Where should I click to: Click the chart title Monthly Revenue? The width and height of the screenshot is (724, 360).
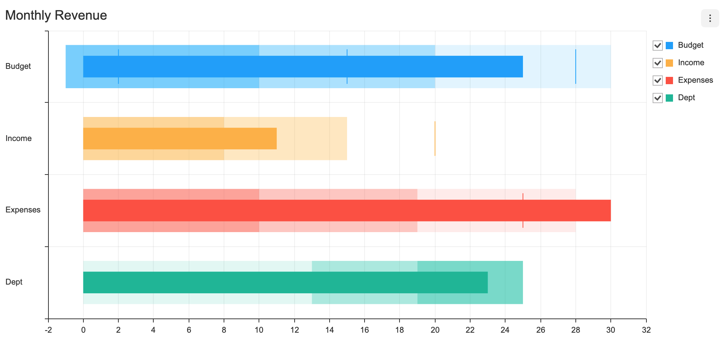[56, 15]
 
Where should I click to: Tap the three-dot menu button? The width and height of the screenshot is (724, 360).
[710, 18]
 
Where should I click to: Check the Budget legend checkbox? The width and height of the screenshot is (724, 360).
[657, 45]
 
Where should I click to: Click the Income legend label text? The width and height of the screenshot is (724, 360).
[691, 63]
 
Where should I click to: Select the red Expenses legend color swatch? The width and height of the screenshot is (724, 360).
[669, 80]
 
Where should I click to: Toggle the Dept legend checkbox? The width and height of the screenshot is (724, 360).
[657, 98]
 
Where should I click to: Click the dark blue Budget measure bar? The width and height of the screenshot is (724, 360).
[302, 66]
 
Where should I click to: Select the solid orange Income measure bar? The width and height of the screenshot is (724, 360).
[180, 138]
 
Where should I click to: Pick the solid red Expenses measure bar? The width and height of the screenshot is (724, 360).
[346, 210]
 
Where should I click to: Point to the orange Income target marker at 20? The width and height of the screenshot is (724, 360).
[435, 138]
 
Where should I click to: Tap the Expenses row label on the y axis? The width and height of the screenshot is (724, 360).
[23, 210]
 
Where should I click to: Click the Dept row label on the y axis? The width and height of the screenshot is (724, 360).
[14, 282]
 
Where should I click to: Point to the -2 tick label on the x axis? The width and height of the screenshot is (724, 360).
[48, 330]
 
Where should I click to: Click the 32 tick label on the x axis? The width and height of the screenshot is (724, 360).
[646, 330]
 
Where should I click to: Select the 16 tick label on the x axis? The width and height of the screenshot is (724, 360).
[365, 330]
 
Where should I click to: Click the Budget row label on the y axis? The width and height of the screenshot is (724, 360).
[18, 66]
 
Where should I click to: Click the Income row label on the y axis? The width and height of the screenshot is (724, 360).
[19, 138]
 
